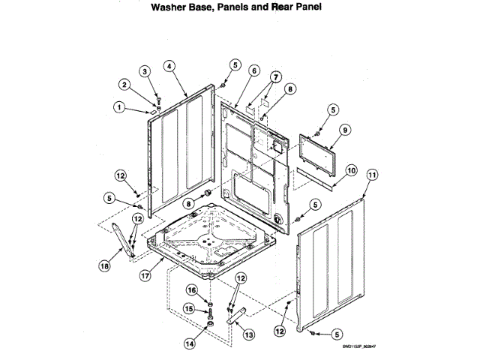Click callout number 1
click(118, 106)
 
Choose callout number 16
click(191, 289)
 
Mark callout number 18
click(104, 264)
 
